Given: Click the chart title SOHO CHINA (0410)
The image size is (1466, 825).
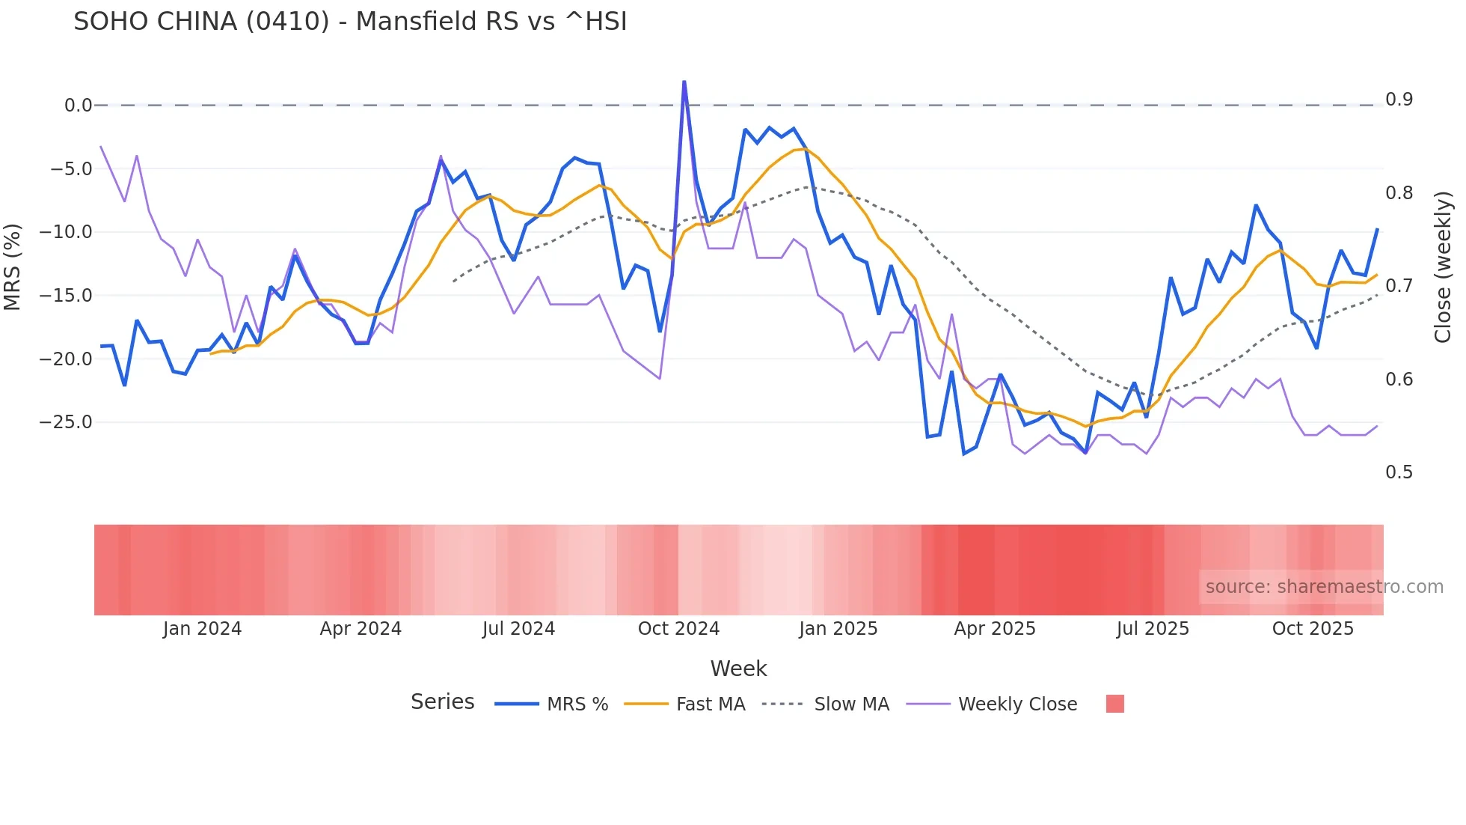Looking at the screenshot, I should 350,22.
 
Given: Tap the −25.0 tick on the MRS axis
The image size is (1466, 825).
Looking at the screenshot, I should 66,422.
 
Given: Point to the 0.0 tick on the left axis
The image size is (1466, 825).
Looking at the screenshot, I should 78,106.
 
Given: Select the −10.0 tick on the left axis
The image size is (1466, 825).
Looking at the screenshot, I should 66,232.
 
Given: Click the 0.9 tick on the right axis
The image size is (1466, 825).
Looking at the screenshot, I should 1399,100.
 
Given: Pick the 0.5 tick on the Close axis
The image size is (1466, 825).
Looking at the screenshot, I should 1399,472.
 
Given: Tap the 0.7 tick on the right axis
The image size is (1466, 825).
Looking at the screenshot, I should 1399,286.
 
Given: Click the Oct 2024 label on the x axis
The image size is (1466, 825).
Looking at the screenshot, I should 678,629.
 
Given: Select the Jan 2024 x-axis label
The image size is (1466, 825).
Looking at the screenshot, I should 202,629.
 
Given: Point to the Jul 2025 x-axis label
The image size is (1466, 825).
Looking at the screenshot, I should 1153,629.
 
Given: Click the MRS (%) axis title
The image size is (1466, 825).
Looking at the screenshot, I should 13,267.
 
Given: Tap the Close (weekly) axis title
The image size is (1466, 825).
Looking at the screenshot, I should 1443,267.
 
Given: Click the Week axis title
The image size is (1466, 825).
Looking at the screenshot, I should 738,669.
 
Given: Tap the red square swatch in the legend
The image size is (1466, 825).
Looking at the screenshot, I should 1114,704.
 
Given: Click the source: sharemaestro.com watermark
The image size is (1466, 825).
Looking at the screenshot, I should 1324,587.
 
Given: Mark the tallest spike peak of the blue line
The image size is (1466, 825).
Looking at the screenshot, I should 684,81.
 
